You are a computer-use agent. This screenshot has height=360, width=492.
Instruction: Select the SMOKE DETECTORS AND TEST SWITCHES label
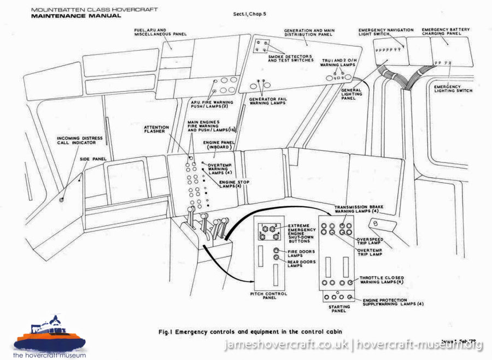point(290,58)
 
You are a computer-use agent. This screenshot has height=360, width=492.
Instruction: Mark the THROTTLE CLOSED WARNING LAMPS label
point(383,280)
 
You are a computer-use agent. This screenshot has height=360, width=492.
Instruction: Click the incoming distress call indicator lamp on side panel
point(61,200)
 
